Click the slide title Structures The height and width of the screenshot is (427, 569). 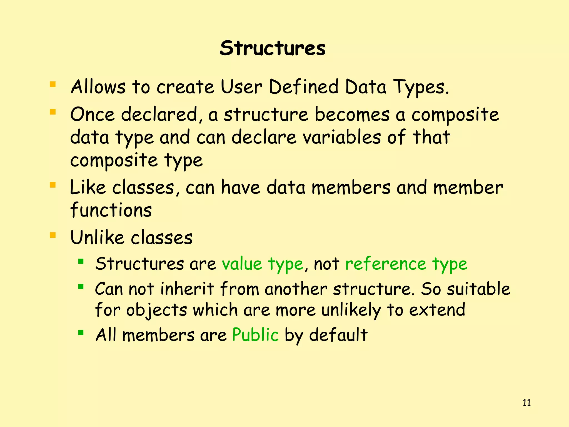click(x=272, y=48)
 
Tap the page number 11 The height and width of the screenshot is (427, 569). click(x=526, y=403)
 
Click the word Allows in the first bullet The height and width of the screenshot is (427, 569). click(x=98, y=87)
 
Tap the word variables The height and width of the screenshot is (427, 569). click(x=342, y=137)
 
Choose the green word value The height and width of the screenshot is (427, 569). click(x=242, y=264)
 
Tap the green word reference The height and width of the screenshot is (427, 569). click(x=386, y=264)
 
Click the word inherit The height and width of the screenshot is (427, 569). click(x=187, y=289)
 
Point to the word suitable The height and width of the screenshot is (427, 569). click(x=478, y=289)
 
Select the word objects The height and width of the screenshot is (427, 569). click(x=157, y=310)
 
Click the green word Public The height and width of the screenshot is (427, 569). click(x=255, y=335)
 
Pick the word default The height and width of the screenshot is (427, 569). click(x=338, y=335)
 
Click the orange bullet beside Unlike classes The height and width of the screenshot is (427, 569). click(x=53, y=235)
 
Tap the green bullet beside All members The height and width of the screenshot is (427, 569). click(x=81, y=332)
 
